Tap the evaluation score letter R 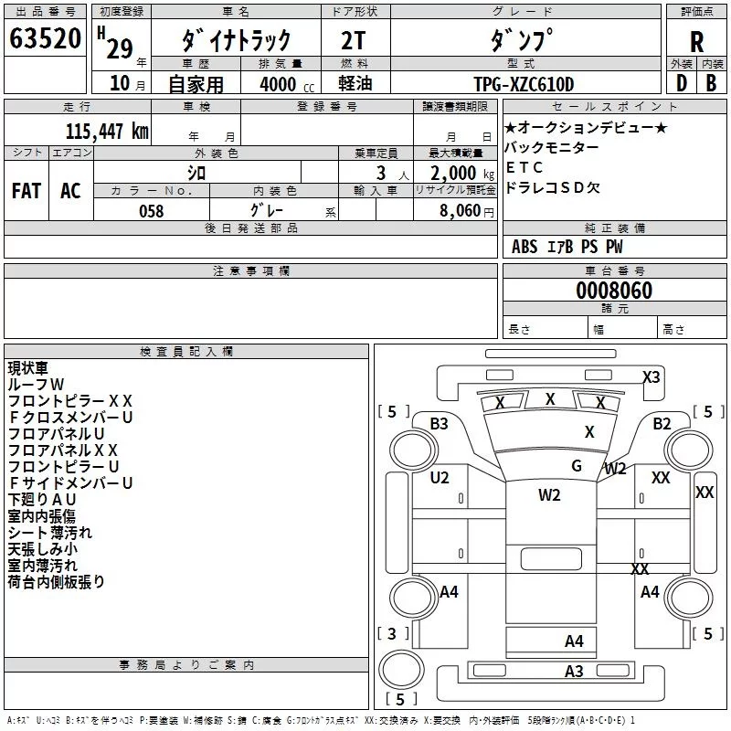click(x=696, y=42)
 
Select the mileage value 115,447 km click(x=107, y=132)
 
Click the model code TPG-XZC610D click(x=524, y=85)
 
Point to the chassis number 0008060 click(x=614, y=291)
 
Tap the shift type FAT click(x=26, y=191)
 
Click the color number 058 click(x=151, y=211)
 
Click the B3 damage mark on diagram click(x=440, y=423)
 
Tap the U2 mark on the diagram click(x=440, y=477)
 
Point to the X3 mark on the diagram click(x=651, y=376)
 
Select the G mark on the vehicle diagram click(x=577, y=465)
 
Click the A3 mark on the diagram click(x=574, y=672)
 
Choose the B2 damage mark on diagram click(x=662, y=423)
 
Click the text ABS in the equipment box click(x=524, y=247)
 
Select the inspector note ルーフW click(x=37, y=385)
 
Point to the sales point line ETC click(x=524, y=167)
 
